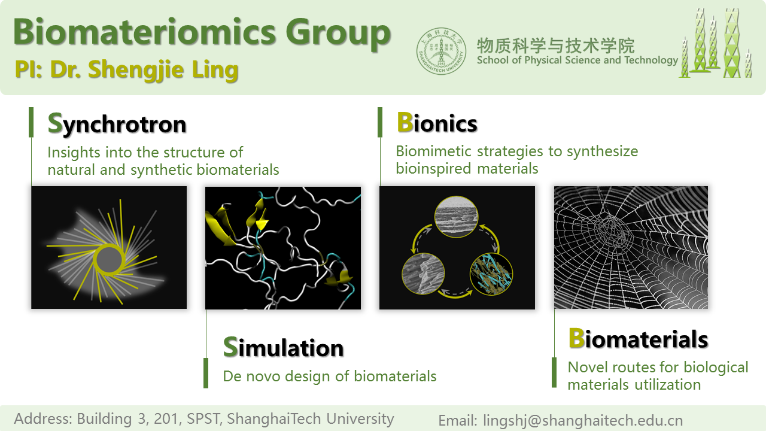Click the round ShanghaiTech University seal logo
pos(441,51)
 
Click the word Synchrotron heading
pos(117,123)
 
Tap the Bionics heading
pos(437,123)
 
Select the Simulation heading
pos(283,347)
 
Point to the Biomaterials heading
pos(638,338)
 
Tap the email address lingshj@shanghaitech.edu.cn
pos(583,420)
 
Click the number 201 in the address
pos(166,418)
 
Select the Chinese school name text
pos(556,46)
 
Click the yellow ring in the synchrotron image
pos(109,260)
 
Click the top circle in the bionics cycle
pos(456,217)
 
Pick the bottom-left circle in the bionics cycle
pos(423,274)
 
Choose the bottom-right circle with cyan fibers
pos(491,274)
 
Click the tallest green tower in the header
pos(732,43)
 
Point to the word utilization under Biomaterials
pos(667,384)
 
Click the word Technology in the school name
pos(651,60)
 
